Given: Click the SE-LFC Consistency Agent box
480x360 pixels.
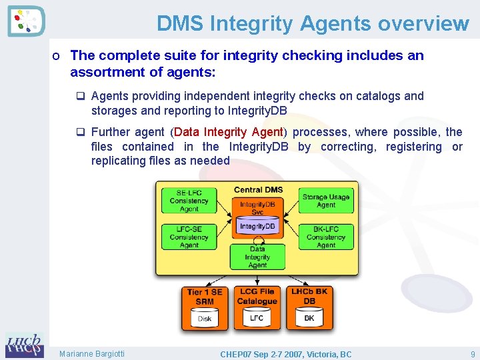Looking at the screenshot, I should (x=189, y=201).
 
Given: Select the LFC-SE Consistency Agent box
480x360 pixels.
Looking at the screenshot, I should (x=189, y=237).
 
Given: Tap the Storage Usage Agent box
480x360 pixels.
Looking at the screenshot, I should (x=325, y=201).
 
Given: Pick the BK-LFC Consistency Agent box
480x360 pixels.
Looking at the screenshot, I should (x=325, y=237).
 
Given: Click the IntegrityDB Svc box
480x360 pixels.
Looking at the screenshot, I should (x=257, y=207).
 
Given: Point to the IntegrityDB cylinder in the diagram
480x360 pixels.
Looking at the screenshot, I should (x=257, y=227).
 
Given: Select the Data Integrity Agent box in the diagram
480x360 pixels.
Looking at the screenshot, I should (x=257, y=257).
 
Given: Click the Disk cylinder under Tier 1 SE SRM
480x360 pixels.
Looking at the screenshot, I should (x=205, y=318).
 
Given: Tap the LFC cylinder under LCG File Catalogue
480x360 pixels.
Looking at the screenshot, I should (x=257, y=318).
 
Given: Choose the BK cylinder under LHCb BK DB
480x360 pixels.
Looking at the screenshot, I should (x=309, y=318).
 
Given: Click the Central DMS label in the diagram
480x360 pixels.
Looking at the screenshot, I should (x=258, y=190).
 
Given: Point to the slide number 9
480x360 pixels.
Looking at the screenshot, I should (x=472, y=354).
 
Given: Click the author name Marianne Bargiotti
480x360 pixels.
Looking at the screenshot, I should (x=91, y=354).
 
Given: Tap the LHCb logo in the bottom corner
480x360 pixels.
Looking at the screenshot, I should (x=24, y=345).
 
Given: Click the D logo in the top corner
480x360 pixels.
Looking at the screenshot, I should (x=26, y=21).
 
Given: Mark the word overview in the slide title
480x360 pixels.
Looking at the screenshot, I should (x=423, y=24).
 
